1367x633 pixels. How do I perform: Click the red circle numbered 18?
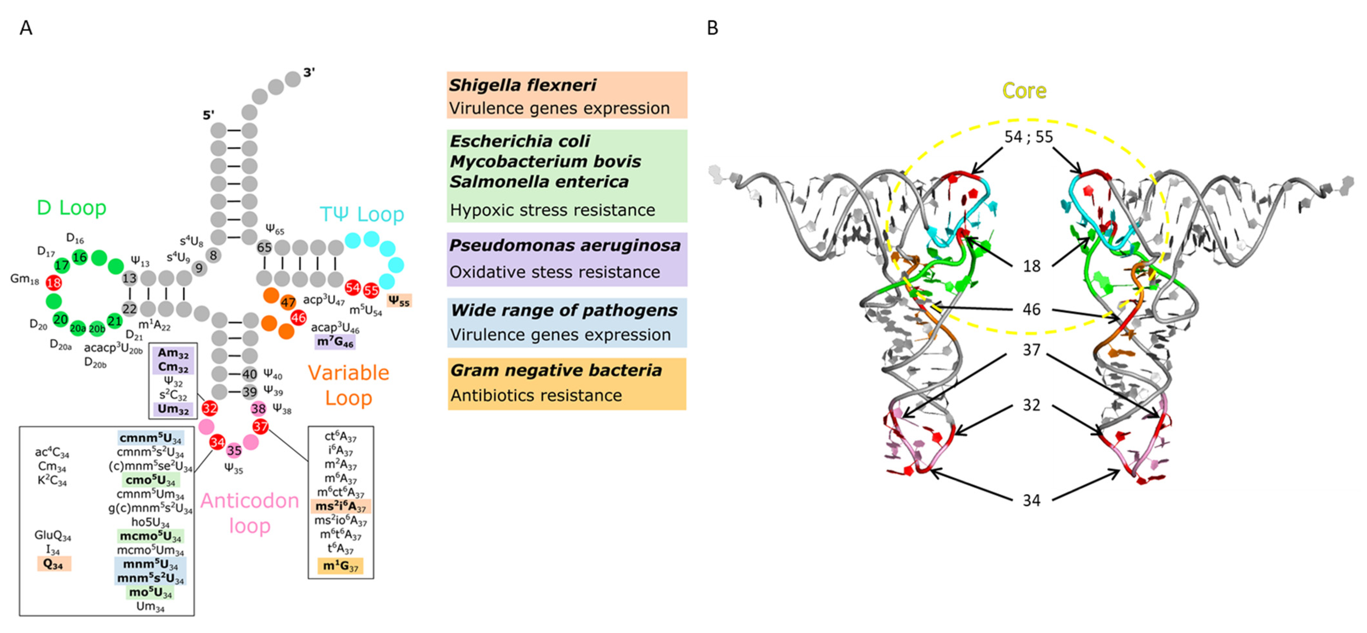click(53, 283)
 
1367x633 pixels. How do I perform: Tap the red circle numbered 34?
click(217, 442)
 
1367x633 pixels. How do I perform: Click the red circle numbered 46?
click(298, 317)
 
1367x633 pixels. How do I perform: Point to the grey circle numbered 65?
click(264, 247)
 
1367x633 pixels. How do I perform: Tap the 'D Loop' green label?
click(72, 207)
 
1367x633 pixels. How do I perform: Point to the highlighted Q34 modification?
click(53, 563)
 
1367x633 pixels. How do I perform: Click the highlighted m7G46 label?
click(335, 342)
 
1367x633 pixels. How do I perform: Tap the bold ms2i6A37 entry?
click(340, 506)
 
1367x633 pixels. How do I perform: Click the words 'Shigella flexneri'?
click(522, 85)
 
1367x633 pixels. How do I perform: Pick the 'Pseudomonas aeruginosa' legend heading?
click(565, 245)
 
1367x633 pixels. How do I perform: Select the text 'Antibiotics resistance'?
click(536, 395)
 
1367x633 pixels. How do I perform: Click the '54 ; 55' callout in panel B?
click(1028, 137)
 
